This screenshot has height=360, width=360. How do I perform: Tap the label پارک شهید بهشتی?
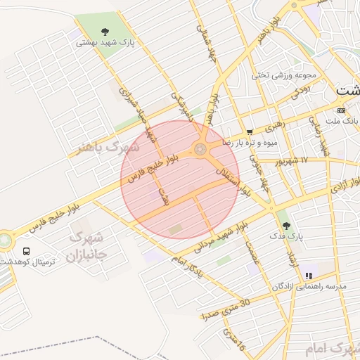click(x=105, y=42)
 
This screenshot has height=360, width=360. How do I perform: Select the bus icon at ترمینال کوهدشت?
click(x=26, y=251)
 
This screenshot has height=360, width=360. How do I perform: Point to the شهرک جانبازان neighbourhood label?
click(x=89, y=246)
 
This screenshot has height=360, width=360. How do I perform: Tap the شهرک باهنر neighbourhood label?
click(x=108, y=148)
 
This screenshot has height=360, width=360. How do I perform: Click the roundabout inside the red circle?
click(x=200, y=149)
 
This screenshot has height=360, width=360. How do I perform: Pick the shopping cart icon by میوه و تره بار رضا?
click(x=250, y=131)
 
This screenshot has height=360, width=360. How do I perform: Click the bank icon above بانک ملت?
click(x=342, y=110)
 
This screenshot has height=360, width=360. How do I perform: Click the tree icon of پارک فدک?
click(x=285, y=226)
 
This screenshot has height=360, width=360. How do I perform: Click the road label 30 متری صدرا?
click(x=224, y=309)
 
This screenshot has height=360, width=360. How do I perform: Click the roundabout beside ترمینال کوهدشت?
click(x=4, y=240)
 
